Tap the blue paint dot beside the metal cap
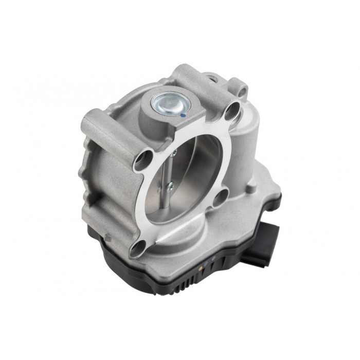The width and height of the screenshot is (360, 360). pos(184,117)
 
